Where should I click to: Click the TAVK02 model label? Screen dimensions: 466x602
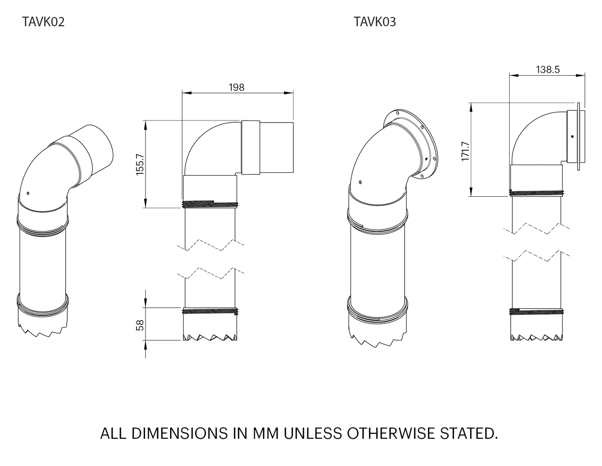pos(44,22)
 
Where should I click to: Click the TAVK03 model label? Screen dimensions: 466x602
pos(375,22)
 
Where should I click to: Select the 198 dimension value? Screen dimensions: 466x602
pos(236,87)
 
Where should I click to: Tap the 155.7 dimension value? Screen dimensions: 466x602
pos(140,164)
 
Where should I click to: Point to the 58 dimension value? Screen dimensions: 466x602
pos(140,325)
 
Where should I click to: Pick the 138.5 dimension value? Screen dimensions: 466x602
pos(547,70)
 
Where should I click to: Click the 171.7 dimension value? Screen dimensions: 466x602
pos(465,151)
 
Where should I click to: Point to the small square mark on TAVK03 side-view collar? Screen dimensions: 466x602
pos(571,136)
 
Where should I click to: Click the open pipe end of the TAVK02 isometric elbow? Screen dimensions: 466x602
pos(98,146)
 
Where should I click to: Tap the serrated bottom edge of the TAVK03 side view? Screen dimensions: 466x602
pos(536,337)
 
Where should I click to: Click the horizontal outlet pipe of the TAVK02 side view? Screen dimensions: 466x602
pos(276,147)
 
